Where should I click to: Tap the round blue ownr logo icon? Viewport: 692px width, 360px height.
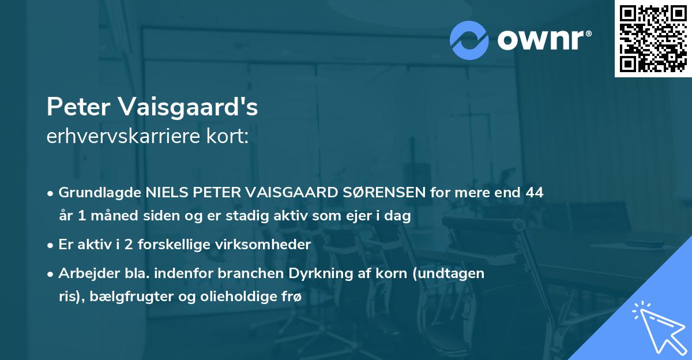(469, 40)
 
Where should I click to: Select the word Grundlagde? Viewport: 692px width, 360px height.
(100, 193)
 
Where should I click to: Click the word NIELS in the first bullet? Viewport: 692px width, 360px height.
(166, 193)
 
